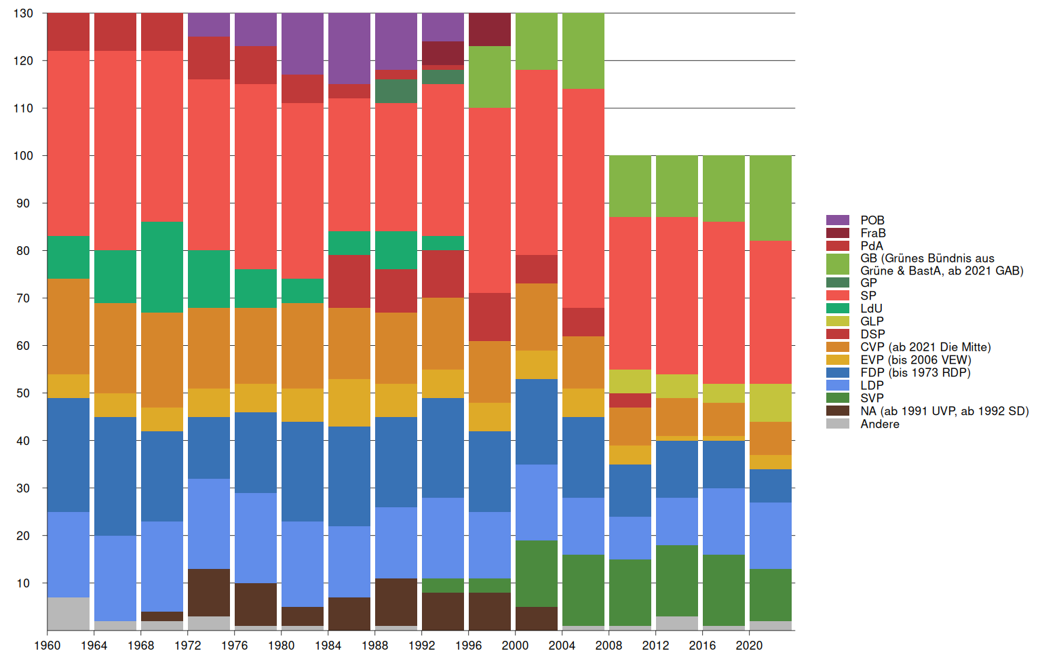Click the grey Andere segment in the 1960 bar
click(68, 613)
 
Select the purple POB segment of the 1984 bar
click(349, 48)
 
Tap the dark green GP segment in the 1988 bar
click(396, 91)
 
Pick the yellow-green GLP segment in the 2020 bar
click(770, 403)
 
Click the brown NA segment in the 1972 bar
click(209, 592)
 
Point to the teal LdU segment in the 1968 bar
click(162, 267)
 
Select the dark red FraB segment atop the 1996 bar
click(490, 29)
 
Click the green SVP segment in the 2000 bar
click(537, 573)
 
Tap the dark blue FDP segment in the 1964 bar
click(115, 476)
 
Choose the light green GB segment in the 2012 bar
click(677, 186)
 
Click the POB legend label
click(872, 220)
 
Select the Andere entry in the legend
click(880, 424)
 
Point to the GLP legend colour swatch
click(838, 321)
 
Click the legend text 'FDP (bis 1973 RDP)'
click(915, 372)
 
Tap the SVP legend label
click(872, 398)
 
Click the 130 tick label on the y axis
click(23, 14)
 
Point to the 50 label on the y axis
click(24, 393)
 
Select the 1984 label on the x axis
click(328, 645)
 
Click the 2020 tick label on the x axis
click(749, 645)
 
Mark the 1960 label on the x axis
click(47, 645)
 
